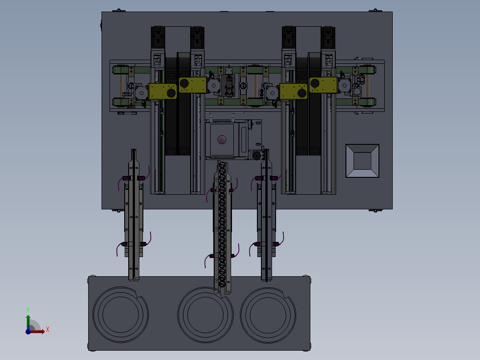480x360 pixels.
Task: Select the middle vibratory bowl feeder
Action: point(205,315)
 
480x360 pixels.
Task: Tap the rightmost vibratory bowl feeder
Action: point(268,315)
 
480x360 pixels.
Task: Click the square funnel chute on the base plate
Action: point(362,161)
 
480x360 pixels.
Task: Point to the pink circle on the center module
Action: point(222,140)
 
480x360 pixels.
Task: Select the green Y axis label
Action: point(28,310)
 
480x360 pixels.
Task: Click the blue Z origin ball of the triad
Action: point(28,331)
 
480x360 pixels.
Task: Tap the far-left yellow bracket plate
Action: point(163,91)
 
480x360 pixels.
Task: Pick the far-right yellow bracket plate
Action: point(323,85)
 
